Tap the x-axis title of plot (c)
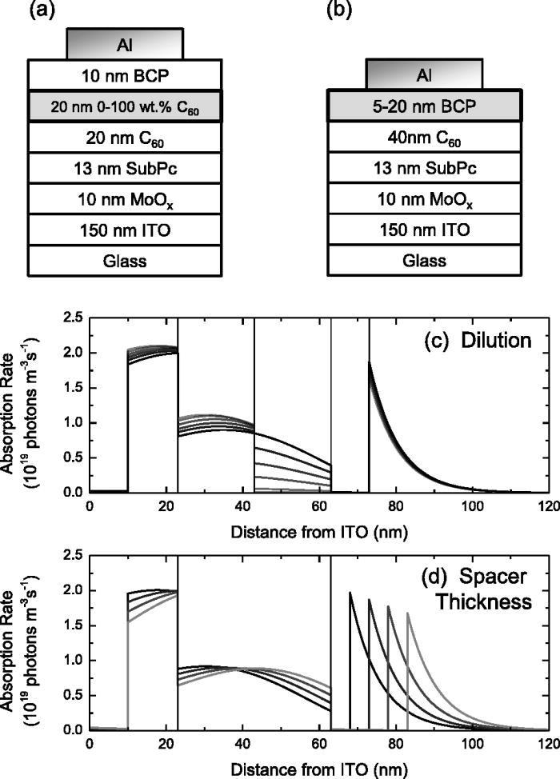pos(318,529)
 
